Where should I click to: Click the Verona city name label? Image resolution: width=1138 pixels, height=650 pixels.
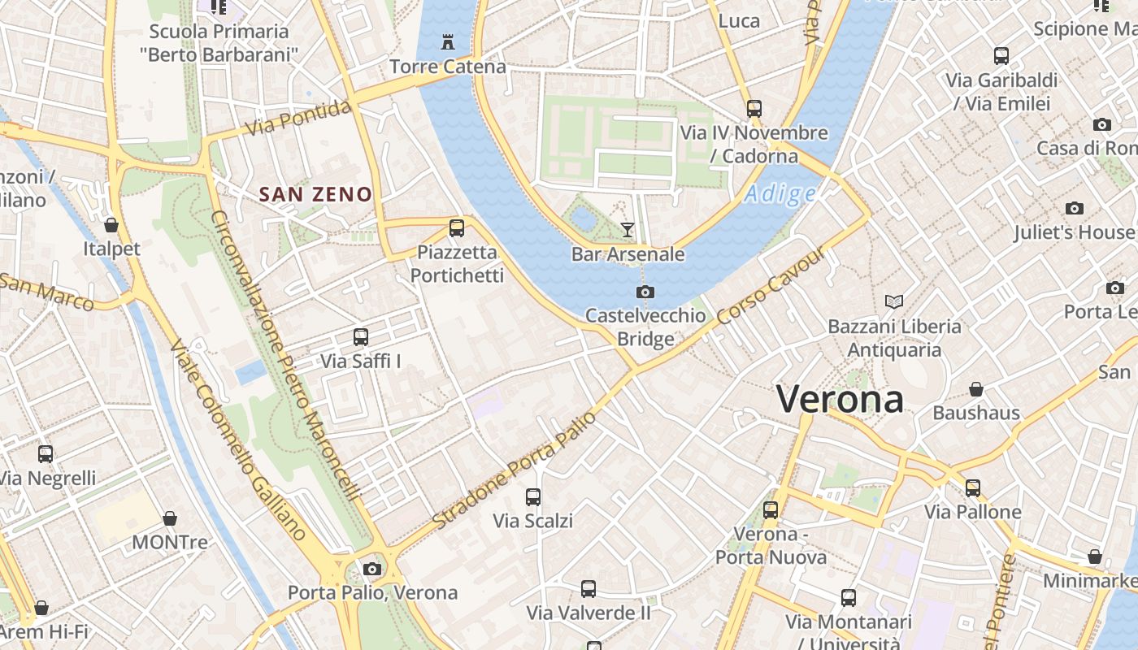pyautogui.click(x=840, y=399)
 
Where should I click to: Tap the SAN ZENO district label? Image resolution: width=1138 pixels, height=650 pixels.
pyautogui.click(x=315, y=194)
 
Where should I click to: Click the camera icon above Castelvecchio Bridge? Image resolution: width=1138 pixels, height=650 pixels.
pyautogui.click(x=645, y=292)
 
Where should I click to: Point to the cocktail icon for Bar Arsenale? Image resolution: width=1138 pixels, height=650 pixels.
pyautogui.click(x=628, y=230)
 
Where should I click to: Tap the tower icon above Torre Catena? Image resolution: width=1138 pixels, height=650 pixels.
pyautogui.click(x=447, y=41)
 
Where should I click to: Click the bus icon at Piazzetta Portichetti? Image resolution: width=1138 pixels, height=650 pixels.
pyautogui.click(x=457, y=228)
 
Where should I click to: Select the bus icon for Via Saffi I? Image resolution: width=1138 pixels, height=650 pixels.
pyautogui.click(x=361, y=336)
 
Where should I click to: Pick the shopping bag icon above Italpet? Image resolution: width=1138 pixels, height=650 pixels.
pyautogui.click(x=111, y=224)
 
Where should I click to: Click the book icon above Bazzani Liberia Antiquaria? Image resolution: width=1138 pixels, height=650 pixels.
pyautogui.click(x=894, y=302)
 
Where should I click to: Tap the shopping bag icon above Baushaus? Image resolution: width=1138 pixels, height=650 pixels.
pyautogui.click(x=976, y=389)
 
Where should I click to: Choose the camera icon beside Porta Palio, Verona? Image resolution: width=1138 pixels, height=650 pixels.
pyautogui.click(x=372, y=569)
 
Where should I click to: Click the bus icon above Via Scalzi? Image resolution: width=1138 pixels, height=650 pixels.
pyautogui.click(x=533, y=496)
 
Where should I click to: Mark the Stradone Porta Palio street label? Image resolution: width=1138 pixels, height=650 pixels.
pyautogui.click(x=515, y=470)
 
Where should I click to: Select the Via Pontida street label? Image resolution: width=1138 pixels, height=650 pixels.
pyautogui.click(x=299, y=119)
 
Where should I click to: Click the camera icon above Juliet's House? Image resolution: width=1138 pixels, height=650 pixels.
pyautogui.click(x=1075, y=209)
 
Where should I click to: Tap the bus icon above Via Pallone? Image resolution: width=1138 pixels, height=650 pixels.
pyautogui.click(x=973, y=487)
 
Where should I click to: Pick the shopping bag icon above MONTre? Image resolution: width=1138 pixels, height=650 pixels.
pyautogui.click(x=170, y=518)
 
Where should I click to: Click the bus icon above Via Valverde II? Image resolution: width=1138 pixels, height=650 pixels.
pyautogui.click(x=589, y=589)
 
